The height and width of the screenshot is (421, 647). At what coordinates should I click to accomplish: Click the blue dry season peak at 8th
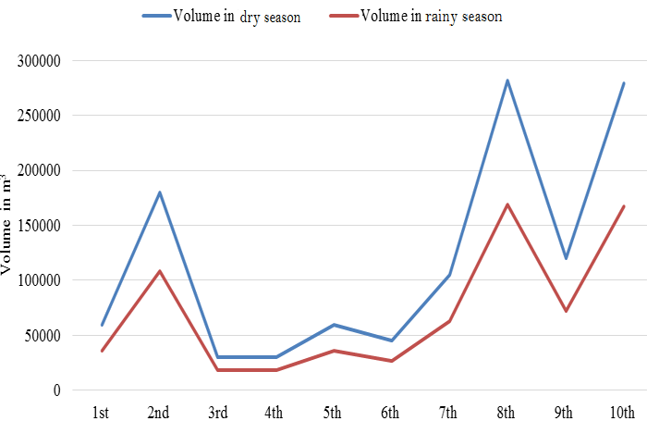[507, 80]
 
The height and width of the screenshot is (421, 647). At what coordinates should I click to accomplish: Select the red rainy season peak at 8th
[507, 204]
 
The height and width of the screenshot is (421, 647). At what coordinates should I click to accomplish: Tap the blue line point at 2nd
[160, 192]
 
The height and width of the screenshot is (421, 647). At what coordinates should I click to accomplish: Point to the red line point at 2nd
[160, 271]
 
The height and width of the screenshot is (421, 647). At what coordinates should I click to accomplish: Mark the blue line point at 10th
[624, 83]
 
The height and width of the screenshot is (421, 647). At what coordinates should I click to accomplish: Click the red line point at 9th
[566, 311]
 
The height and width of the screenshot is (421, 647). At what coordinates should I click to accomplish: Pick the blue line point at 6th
[392, 341]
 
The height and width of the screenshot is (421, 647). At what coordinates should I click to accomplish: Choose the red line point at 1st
[102, 351]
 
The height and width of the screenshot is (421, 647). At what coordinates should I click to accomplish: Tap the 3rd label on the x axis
[217, 413]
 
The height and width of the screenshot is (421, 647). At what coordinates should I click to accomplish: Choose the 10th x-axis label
[622, 413]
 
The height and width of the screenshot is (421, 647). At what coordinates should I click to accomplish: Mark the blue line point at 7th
[450, 275]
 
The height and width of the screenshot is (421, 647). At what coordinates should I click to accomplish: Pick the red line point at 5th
[334, 351]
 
